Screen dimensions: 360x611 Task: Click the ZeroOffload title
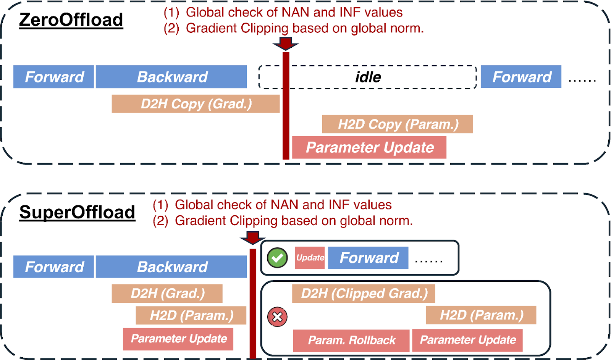(71, 20)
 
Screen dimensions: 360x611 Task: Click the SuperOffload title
(77, 212)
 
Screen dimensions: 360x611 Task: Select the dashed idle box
(367, 77)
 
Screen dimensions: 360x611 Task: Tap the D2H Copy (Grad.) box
(196, 104)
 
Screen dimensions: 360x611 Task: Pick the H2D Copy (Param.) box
(398, 124)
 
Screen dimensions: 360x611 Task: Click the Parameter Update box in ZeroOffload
(369, 148)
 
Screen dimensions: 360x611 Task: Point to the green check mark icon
(277, 258)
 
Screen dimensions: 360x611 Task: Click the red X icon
(277, 317)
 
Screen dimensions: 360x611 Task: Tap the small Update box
(310, 258)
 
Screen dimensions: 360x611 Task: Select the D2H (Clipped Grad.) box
(364, 294)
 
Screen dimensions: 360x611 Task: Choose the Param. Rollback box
(351, 340)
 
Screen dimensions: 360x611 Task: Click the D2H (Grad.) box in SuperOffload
(167, 294)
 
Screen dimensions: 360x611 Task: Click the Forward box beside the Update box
(368, 258)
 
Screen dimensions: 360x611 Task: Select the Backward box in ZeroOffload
(171, 77)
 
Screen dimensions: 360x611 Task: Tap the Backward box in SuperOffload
(171, 267)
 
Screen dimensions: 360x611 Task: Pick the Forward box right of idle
(521, 77)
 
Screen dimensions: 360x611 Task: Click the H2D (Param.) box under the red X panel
(481, 315)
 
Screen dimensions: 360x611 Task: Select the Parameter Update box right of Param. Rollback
(467, 340)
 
